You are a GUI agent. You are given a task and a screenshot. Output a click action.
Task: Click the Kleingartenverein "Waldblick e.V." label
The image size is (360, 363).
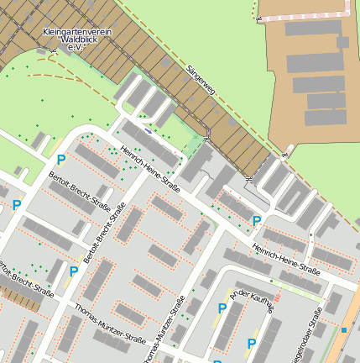coord(77,39)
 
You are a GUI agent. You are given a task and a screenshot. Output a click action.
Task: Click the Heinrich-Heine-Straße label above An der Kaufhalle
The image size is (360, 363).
coord(285,260)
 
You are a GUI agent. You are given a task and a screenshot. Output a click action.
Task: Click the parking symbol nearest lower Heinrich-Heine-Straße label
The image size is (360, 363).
coord(257,221)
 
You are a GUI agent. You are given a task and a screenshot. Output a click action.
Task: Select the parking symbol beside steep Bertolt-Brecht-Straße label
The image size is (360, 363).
coord(74,271)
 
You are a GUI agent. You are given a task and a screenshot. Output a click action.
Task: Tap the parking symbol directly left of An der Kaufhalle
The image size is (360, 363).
coord(222,308)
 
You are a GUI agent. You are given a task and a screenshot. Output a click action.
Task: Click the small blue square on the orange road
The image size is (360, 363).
coord(343,329)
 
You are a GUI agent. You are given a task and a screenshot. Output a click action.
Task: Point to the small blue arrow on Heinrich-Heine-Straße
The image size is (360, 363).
coord(148,130)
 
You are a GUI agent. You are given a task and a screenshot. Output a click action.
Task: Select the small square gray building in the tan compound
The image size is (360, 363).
coord(342,42)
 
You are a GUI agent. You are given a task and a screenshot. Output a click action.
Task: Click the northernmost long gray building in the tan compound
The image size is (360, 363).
coord(312,28)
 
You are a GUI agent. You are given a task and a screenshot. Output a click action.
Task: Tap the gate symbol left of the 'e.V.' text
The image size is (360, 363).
coord(54,50)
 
